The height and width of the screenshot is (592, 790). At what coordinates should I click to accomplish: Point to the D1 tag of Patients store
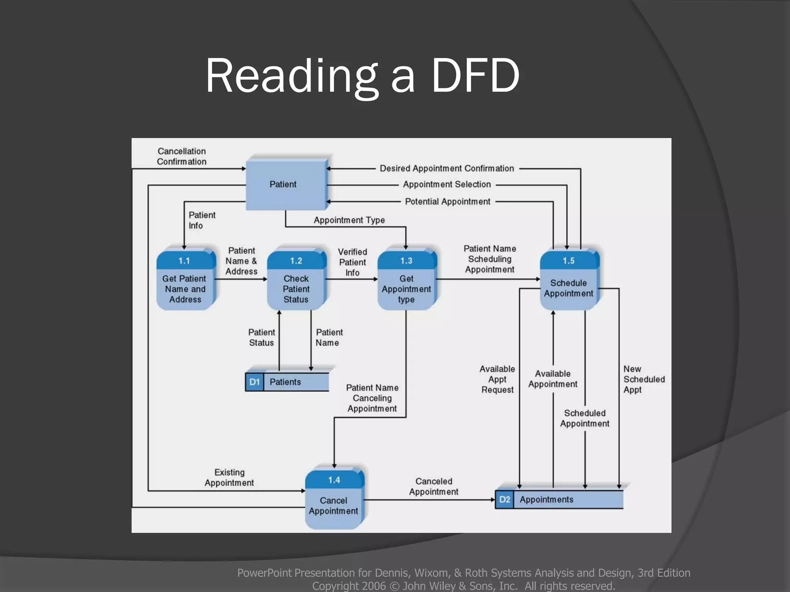(254, 382)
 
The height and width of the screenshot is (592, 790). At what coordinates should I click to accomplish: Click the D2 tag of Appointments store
(504, 499)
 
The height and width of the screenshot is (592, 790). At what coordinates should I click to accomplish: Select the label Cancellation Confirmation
(181, 156)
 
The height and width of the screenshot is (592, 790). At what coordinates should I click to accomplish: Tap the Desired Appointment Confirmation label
(447, 168)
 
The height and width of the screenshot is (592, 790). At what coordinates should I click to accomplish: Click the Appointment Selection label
(447, 185)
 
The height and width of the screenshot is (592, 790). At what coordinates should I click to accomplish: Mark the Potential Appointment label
(447, 202)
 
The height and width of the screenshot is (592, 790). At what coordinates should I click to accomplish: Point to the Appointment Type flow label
(349, 220)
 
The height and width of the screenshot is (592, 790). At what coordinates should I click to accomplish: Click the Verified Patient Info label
(352, 262)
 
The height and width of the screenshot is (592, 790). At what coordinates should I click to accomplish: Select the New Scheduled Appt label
(643, 379)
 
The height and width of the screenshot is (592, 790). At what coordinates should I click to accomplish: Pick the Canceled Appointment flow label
(434, 486)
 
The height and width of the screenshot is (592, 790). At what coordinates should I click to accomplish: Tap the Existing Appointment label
(229, 478)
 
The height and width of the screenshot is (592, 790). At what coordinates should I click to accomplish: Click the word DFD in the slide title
(475, 76)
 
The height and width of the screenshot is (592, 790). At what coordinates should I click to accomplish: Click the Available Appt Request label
(497, 379)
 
